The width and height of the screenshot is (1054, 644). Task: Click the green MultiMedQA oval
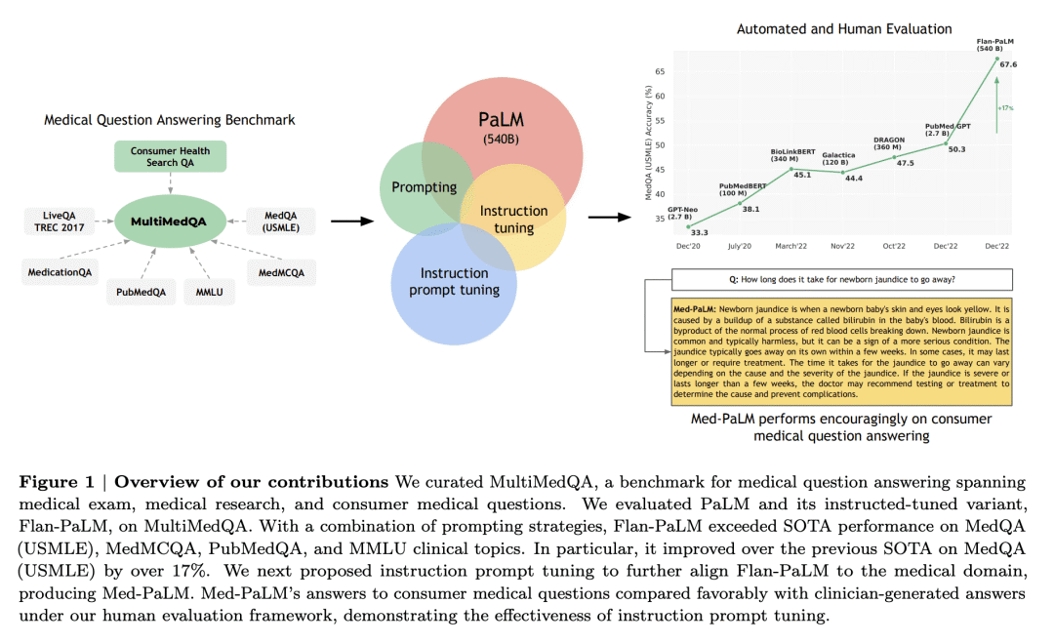170,221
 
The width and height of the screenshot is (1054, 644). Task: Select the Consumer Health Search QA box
170,157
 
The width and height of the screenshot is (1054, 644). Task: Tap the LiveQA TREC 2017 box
60,221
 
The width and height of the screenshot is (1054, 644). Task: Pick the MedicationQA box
60,272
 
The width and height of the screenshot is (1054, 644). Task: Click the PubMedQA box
141,292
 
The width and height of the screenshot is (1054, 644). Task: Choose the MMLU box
209,292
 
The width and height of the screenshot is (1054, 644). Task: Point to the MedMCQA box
281,272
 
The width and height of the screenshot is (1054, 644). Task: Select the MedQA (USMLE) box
281,221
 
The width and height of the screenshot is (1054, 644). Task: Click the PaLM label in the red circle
501,120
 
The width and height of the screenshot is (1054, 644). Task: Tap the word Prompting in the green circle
425,187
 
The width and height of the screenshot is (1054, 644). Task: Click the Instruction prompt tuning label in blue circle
455,282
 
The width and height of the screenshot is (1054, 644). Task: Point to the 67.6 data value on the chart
1008,64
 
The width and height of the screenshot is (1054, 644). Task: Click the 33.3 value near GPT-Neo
699,232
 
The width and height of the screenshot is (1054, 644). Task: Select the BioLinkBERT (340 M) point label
792,155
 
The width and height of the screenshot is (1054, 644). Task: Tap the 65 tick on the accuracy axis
660,71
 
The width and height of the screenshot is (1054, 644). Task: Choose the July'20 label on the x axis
740,246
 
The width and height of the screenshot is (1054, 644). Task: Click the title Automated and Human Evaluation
844,29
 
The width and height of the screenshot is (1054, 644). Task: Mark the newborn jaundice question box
841,280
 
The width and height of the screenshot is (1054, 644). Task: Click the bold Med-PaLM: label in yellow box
695,309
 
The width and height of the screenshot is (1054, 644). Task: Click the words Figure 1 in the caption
57,482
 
